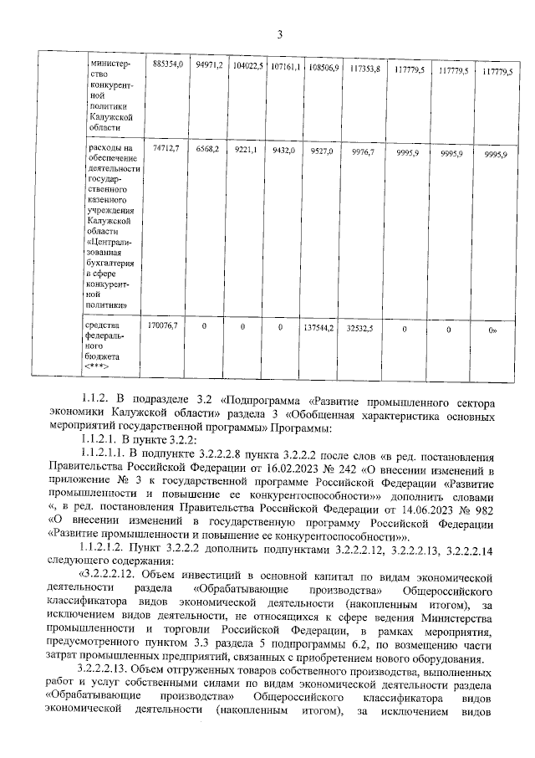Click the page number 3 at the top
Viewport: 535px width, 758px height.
[280, 33]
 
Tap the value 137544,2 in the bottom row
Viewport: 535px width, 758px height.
[322, 327]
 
